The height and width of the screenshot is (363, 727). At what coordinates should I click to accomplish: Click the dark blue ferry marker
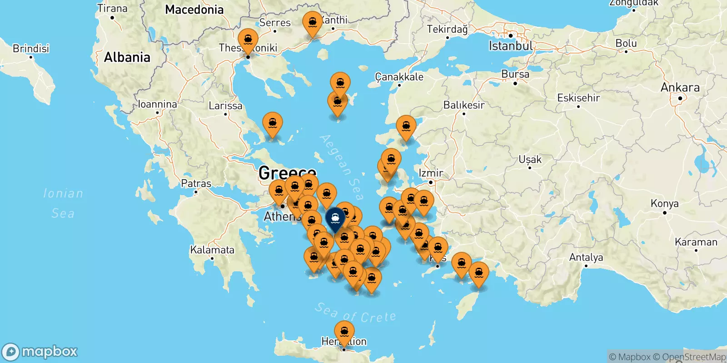pos(335,219)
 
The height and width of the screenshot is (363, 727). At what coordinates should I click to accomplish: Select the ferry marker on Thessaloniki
pos(248,39)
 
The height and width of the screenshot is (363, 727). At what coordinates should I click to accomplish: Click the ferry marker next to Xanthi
pos(313,23)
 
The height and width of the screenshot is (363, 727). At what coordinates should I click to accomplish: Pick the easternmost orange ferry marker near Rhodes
pos(478,273)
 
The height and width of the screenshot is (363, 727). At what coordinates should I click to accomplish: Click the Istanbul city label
pos(510,46)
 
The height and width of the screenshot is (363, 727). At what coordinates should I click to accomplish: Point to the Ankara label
pos(680,88)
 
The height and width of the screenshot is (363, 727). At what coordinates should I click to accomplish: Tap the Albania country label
pos(127,57)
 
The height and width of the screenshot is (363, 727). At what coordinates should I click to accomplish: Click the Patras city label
pos(196,183)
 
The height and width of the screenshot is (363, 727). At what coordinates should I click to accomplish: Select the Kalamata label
pos(212,250)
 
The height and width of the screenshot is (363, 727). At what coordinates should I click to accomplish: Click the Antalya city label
pos(586,258)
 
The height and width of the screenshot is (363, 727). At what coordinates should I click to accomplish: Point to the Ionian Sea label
pos(63,203)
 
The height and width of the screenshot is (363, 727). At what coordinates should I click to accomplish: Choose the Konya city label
pos(664,203)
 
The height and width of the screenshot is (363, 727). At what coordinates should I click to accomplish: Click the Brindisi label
pos(30,49)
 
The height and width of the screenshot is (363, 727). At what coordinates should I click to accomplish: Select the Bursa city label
pos(515,74)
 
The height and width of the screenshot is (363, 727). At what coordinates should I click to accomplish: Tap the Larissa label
pos(225,106)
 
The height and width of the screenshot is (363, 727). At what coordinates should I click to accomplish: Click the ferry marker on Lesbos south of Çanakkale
pos(406,127)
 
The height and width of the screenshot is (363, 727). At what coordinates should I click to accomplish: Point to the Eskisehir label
pos(578,98)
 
